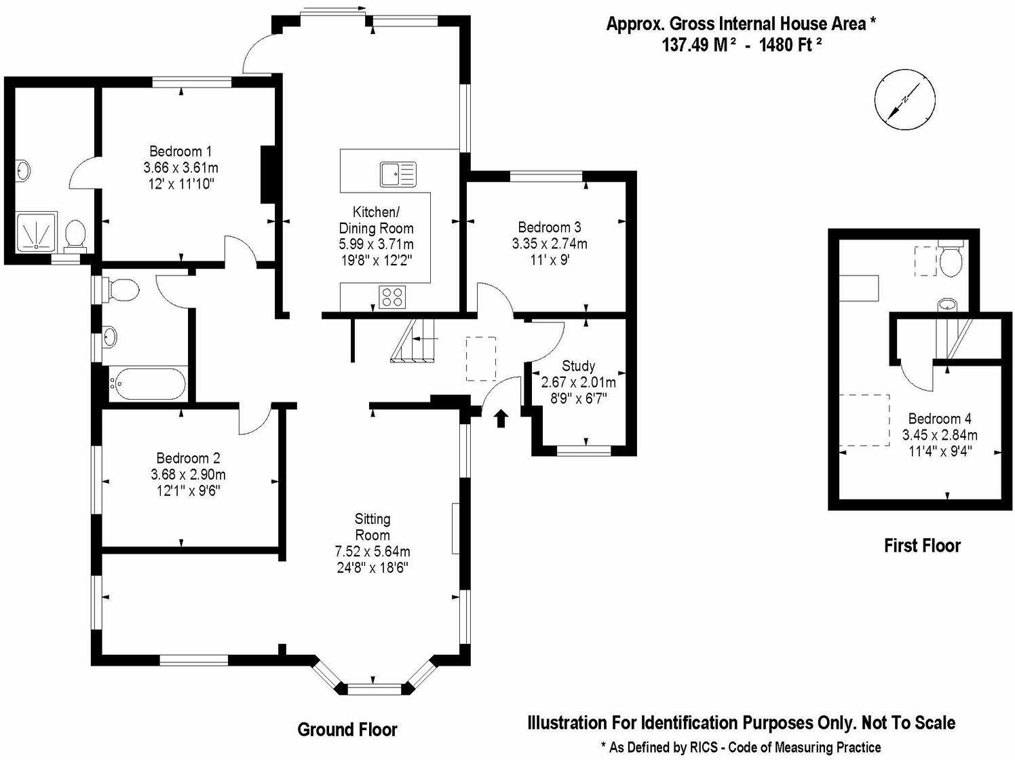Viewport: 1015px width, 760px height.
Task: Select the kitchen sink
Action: pos(397,174)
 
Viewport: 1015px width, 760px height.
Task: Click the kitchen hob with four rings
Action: pos(393,297)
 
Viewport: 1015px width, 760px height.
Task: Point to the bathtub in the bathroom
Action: pos(147,385)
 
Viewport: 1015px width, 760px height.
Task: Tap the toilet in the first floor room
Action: pos(951,261)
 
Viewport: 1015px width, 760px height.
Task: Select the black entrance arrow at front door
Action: pos(501,418)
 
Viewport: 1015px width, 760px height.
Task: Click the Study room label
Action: pos(578,366)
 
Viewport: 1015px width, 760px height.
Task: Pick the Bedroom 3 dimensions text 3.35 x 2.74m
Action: pos(550,244)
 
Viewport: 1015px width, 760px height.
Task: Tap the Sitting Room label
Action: pos(372,527)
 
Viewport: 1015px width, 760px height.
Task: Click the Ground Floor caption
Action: pos(347,730)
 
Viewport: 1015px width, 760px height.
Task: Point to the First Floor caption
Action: pos(922,546)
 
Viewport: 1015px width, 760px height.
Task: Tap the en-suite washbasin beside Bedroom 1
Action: pos(22,170)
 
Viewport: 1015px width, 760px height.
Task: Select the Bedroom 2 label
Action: pos(188,459)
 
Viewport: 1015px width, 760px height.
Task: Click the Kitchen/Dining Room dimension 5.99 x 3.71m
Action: pos(376,244)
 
